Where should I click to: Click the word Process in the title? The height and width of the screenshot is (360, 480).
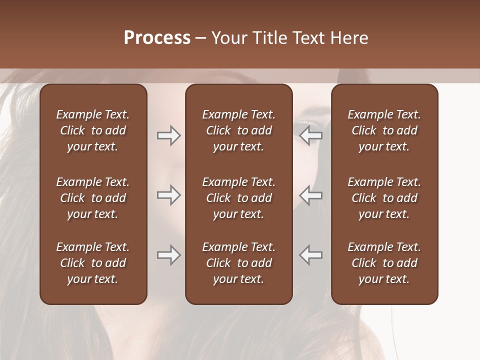click(157, 38)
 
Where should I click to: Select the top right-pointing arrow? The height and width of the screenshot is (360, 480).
click(168, 135)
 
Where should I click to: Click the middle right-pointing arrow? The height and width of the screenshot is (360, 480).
click(168, 195)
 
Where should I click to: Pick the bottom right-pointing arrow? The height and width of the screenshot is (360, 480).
click(168, 255)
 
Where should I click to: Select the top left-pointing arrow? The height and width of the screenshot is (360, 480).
click(311, 135)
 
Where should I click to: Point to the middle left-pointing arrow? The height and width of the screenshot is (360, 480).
click(311, 195)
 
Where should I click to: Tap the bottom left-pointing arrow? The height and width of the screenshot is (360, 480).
click(311, 255)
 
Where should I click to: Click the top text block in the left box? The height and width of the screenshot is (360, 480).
click(93, 130)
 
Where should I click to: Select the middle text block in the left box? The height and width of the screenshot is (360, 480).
click(93, 198)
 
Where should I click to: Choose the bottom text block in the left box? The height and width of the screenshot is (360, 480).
click(93, 263)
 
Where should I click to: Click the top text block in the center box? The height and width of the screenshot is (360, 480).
click(238, 130)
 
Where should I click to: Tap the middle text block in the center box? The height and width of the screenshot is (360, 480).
click(238, 198)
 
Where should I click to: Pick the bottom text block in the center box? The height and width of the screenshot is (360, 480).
click(238, 263)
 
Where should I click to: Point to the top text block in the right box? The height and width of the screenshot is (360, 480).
click(384, 130)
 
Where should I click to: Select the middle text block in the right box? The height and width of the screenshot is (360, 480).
click(384, 198)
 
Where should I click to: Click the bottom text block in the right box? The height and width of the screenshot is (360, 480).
click(384, 263)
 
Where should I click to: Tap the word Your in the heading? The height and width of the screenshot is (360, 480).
click(230, 38)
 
